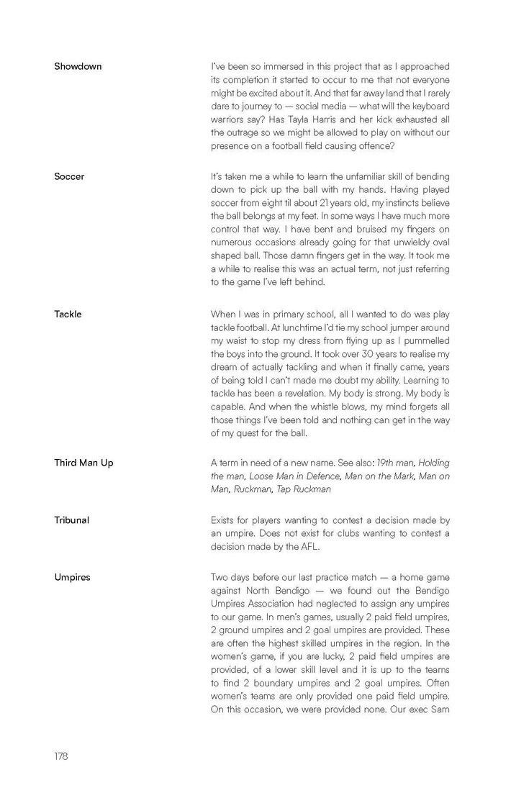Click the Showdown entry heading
(78, 66)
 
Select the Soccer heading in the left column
(69, 176)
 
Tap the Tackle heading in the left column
(68, 314)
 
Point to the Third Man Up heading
(83, 463)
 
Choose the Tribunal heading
(71, 520)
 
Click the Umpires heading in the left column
(72, 576)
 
